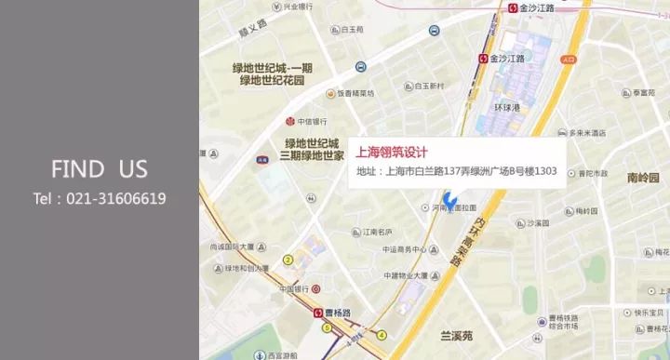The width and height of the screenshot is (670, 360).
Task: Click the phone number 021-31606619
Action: pos(99,198)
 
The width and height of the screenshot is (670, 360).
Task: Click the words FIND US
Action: pos(99,168)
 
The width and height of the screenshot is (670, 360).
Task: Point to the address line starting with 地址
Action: pos(456,172)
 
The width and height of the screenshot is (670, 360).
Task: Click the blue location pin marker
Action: pos(449,199)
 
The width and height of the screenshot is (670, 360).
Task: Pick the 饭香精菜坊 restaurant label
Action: pos(355,93)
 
